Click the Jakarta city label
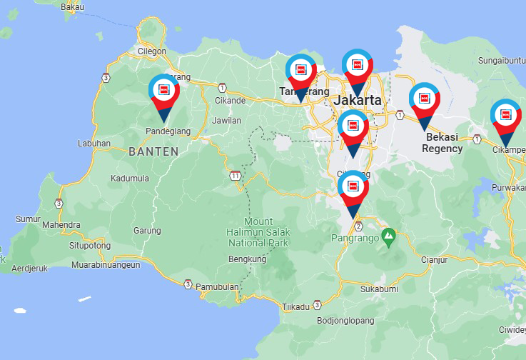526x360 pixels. pyautogui.click(x=358, y=100)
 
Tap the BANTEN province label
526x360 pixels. pyautogui.click(x=153, y=151)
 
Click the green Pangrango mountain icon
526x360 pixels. pyautogui.click(x=388, y=234)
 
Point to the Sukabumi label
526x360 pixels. pyautogui.click(x=378, y=290)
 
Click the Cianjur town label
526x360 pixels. pyautogui.click(x=434, y=260)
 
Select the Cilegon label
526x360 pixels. pyautogui.click(x=151, y=51)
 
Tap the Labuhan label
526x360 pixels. pyautogui.click(x=94, y=143)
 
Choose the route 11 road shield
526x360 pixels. pyautogui.click(x=236, y=175)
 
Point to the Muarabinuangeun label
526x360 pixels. pyautogui.click(x=106, y=265)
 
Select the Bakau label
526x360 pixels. pyautogui.click(x=73, y=6)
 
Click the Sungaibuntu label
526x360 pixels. pyautogui.click(x=501, y=60)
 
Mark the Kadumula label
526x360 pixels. pyautogui.click(x=130, y=179)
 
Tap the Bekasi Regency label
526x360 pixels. pyautogui.click(x=442, y=143)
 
